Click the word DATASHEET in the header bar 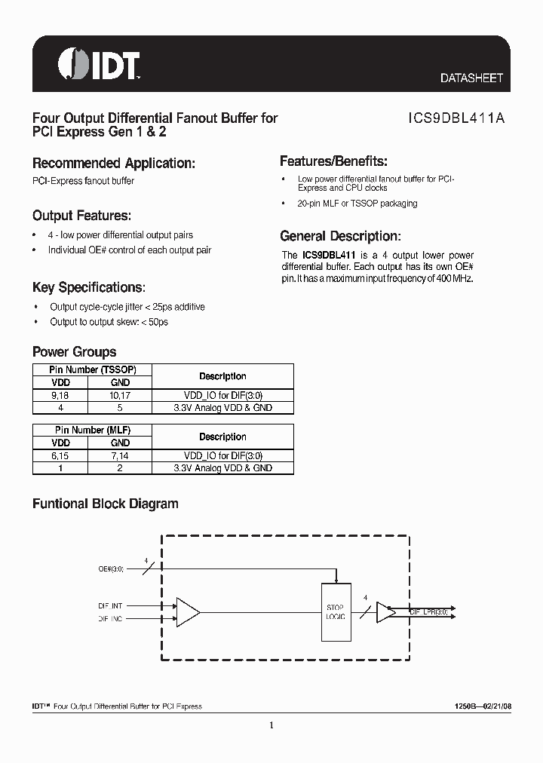[x=471, y=78]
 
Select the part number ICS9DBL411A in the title [x=456, y=118]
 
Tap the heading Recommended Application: [x=114, y=163]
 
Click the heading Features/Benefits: [x=333, y=161]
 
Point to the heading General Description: [x=340, y=236]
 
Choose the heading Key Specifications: [x=89, y=287]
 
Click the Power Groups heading [x=74, y=351]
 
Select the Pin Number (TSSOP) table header [x=92, y=369]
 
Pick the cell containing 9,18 [x=60, y=395]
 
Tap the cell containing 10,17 [x=121, y=395]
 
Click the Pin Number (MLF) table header [x=92, y=430]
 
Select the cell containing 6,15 [x=60, y=455]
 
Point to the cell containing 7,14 [x=121, y=455]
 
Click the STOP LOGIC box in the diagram [x=336, y=611]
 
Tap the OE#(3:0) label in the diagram [x=111, y=569]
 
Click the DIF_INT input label [x=110, y=605]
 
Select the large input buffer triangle [x=187, y=611]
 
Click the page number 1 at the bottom [x=271, y=725]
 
